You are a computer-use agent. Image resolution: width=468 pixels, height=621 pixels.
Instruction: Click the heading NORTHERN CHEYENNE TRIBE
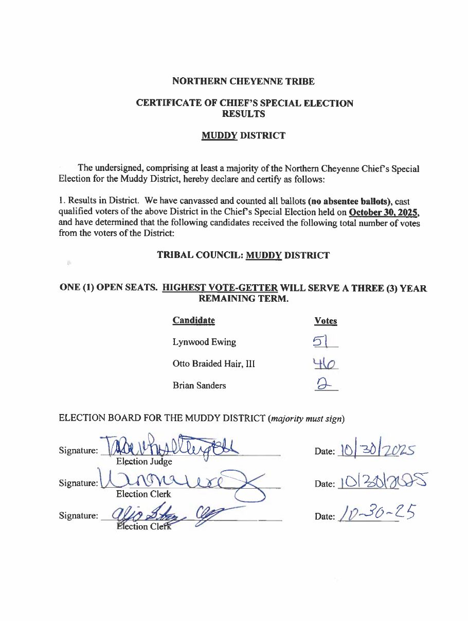(x=243, y=81)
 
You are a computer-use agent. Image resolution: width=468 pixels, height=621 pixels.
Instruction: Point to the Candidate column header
(x=193, y=320)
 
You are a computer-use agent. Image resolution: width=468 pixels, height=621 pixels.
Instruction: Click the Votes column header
(x=326, y=321)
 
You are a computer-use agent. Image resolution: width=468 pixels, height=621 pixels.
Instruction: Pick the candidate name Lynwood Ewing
(x=204, y=342)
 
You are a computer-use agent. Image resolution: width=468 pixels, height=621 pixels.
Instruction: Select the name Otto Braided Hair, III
(x=213, y=364)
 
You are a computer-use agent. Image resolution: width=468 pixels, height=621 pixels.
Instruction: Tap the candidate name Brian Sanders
(x=199, y=385)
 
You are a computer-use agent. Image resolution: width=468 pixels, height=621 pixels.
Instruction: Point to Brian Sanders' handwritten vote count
(x=325, y=384)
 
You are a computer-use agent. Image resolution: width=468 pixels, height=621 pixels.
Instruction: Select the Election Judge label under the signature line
(x=144, y=462)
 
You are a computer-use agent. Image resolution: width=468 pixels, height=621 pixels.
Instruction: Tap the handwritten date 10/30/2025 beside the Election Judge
(x=375, y=451)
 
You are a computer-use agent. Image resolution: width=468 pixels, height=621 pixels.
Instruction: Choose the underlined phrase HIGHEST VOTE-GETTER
(x=220, y=288)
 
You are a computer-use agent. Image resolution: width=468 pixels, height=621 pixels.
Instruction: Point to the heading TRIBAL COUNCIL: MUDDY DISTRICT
(x=243, y=255)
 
